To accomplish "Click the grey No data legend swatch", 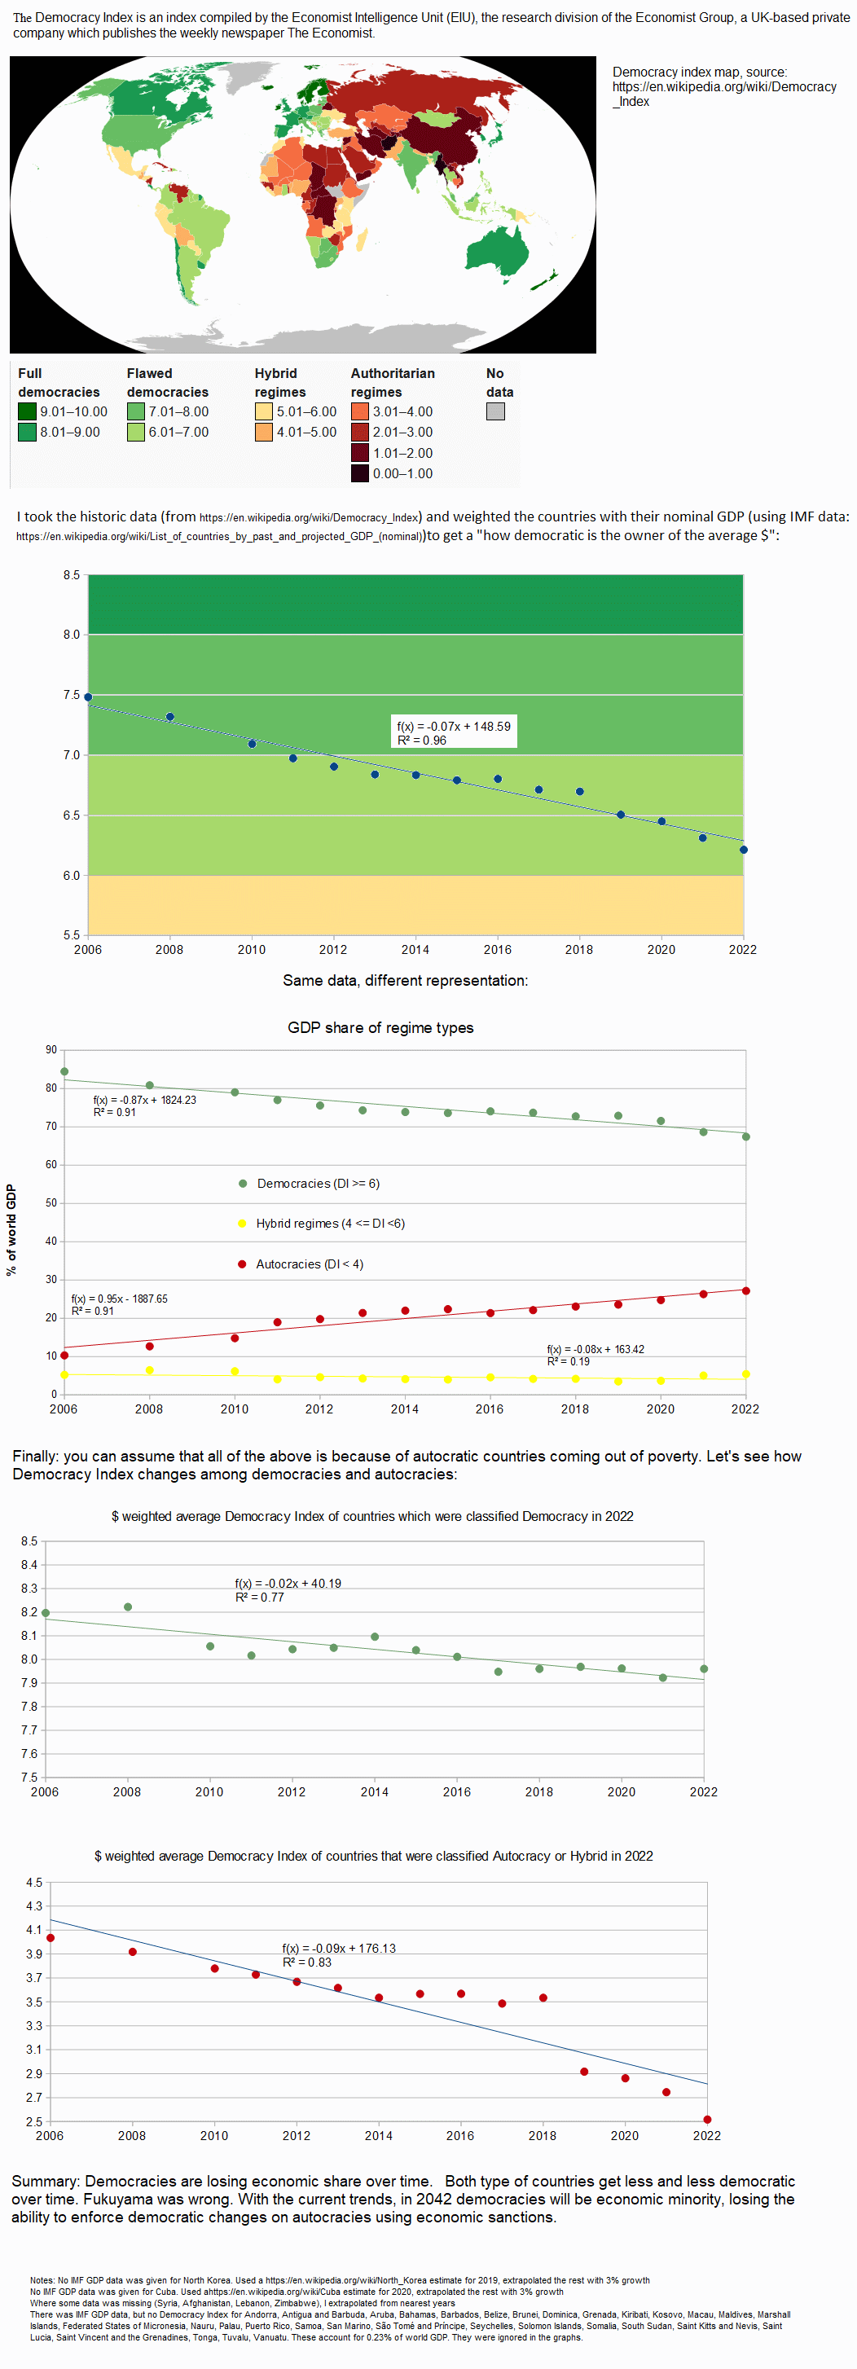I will [x=494, y=411].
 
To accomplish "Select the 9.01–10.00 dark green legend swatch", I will [x=27, y=411].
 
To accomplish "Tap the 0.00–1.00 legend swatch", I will [x=359, y=473].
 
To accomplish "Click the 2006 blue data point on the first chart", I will [x=88, y=697].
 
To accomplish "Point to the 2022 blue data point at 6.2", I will [x=743, y=850].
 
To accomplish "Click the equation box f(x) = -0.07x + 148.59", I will [x=455, y=732].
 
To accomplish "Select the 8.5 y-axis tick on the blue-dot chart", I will [x=72, y=575].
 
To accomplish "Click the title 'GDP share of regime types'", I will [x=380, y=1027].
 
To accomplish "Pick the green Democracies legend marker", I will [x=243, y=1184].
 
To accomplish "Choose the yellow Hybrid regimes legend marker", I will [x=243, y=1223].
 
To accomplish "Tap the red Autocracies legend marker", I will [x=242, y=1264].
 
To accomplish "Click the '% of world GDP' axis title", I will [x=11, y=1229].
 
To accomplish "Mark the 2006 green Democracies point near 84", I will [x=64, y=1071].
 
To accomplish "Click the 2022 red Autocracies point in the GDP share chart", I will [x=745, y=1290].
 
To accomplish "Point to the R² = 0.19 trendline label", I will [x=569, y=1361].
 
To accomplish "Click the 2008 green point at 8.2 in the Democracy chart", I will [x=128, y=1606].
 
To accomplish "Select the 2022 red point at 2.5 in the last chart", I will [x=707, y=2120].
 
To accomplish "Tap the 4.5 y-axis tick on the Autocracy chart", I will [x=34, y=1882].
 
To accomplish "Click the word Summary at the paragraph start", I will [x=45, y=2182].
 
